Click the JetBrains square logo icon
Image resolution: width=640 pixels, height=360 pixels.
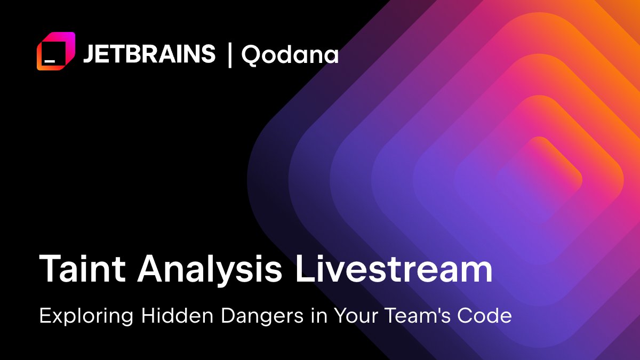(x=55, y=51)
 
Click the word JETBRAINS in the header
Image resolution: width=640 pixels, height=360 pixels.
(x=149, y=54)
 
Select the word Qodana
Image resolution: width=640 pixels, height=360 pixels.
(x=290, y=54)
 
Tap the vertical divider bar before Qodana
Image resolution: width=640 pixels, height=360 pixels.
(x=230, y=54)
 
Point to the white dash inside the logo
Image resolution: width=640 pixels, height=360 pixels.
(x=50, y=61)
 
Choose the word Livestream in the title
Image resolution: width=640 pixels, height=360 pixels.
(x=394, y=270)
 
